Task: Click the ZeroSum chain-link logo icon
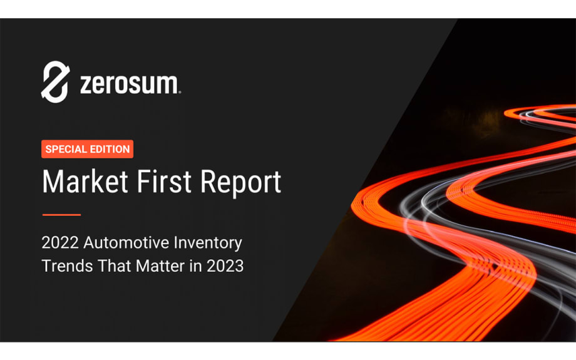pos(54,81)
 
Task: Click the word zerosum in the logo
pos(128,84)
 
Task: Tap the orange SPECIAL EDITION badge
pos(88,149)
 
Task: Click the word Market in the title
pos(82,182)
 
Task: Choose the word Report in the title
pos(238,183)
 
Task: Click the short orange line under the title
pos(61,215)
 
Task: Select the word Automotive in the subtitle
pos(121,242)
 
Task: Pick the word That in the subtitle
pos(113,265)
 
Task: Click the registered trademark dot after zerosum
pos(180,92)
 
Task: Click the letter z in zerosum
pos(86,85)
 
